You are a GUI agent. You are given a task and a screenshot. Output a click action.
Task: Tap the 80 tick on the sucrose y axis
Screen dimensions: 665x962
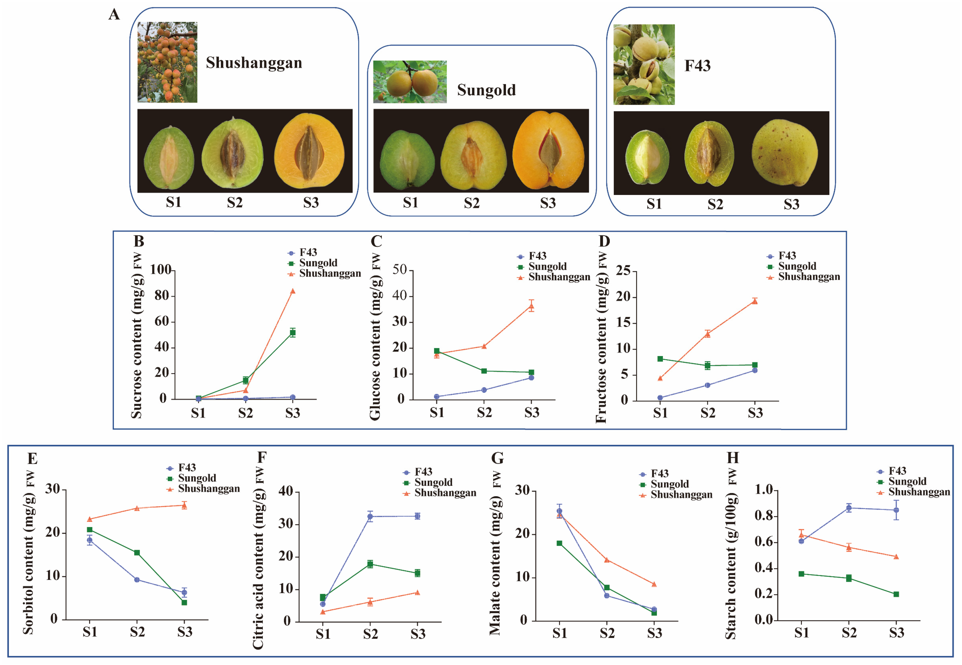[162, 296]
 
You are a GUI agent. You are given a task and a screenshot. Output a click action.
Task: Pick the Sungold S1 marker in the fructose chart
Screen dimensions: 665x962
[660, 359]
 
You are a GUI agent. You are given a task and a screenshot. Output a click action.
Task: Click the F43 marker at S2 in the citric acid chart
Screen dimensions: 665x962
[370, 517]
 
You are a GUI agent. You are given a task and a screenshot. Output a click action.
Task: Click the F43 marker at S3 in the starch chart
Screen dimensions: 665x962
[896, 510]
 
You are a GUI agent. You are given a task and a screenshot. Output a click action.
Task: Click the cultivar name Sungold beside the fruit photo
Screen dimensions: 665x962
[486, 90]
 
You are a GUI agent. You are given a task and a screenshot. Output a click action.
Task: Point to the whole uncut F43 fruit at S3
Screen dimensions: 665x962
[785, 153]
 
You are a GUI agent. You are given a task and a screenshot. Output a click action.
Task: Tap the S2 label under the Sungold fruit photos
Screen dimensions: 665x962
[472, 203]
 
